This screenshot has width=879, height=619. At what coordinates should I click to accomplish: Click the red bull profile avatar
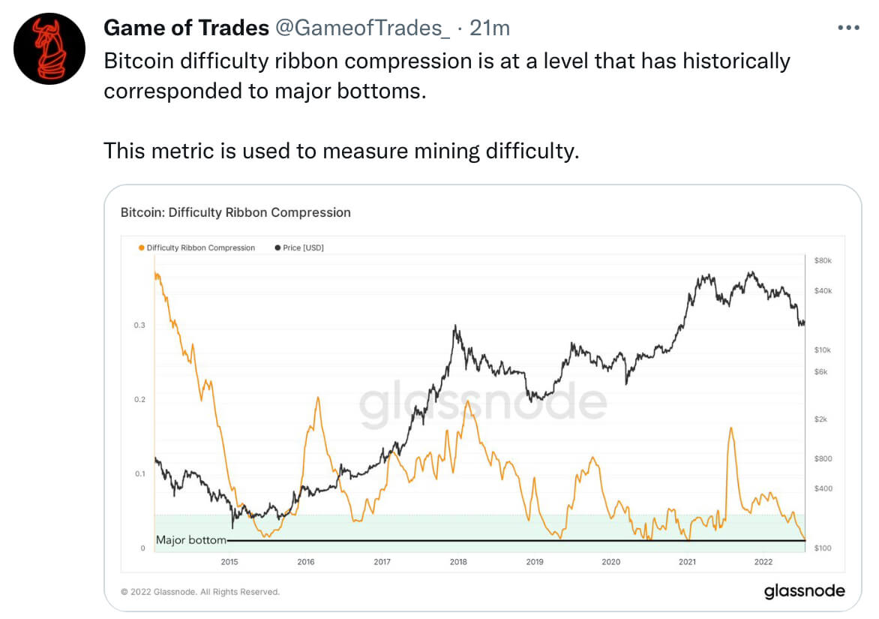pos(49,48)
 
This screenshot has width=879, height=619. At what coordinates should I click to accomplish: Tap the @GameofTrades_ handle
pos(362,29)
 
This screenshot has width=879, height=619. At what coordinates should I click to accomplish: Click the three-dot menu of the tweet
pos(847,28)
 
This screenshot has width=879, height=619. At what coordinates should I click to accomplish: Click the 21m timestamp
pos(489,29)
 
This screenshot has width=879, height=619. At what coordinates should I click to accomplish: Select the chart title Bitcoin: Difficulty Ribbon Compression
pos(235,212)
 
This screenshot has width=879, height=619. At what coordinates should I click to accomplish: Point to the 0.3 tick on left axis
pos(139,325)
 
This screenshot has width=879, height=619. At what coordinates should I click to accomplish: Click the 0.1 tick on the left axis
pos(139,473)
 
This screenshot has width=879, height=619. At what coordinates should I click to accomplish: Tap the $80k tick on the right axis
pos(823,260)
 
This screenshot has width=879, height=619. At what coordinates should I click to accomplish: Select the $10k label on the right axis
pos(823,350)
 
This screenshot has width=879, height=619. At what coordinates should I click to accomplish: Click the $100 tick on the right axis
pos(823,548)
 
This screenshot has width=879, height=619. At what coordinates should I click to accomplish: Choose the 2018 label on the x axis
pos(457,561)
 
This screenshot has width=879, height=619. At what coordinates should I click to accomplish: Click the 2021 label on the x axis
pos(687,561)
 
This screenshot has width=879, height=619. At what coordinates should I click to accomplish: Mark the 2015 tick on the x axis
pos(229,561)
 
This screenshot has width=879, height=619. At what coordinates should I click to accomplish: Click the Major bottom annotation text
pos(190,539)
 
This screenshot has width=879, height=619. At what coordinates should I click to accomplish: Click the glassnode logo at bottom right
pos(804,591)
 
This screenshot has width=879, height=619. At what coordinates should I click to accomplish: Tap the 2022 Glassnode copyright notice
pos(200,592)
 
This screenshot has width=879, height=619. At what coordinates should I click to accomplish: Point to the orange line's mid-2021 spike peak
pos(730,428)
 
